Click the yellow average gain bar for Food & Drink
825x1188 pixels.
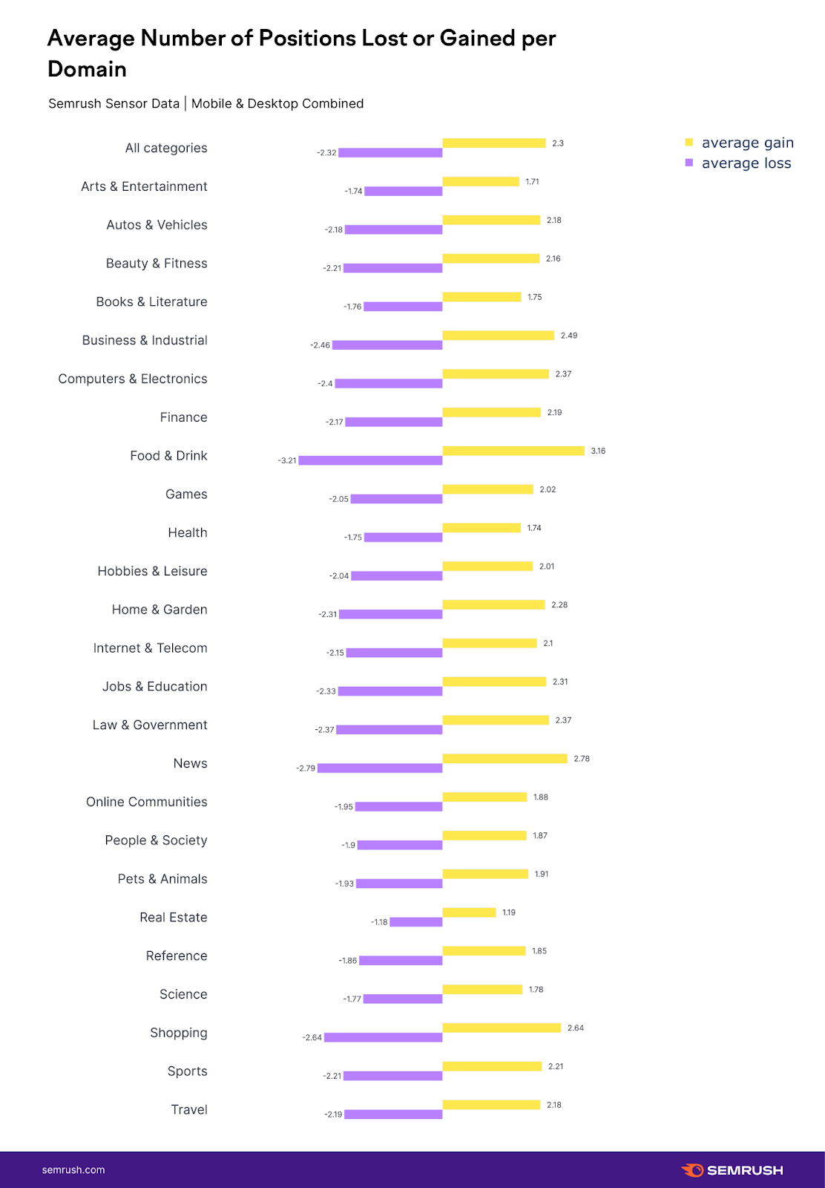pos(513,451)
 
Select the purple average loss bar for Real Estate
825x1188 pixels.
pos(416,922)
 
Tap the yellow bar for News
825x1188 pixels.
pos(504,758)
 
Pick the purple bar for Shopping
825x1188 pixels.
pos(384,1037)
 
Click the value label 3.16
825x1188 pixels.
pos(598,451)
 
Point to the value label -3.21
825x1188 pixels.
pos(287,460)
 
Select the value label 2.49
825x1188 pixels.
pos(569,336)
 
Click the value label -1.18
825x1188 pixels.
pos(379,922)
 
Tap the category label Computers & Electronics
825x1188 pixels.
pos(133,379)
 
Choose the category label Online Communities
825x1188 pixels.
pos(147,802)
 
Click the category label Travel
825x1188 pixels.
pos(189,1109)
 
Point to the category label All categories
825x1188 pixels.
pos(166,148)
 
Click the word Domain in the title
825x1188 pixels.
pos(87,69)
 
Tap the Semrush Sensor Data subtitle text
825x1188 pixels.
pos(114,103)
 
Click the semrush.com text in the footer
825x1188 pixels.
pos(73,1170)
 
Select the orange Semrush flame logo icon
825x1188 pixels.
pos(693,1170)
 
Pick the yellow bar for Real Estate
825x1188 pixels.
pos(469,913)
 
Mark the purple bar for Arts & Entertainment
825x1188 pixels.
pos(404,192)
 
